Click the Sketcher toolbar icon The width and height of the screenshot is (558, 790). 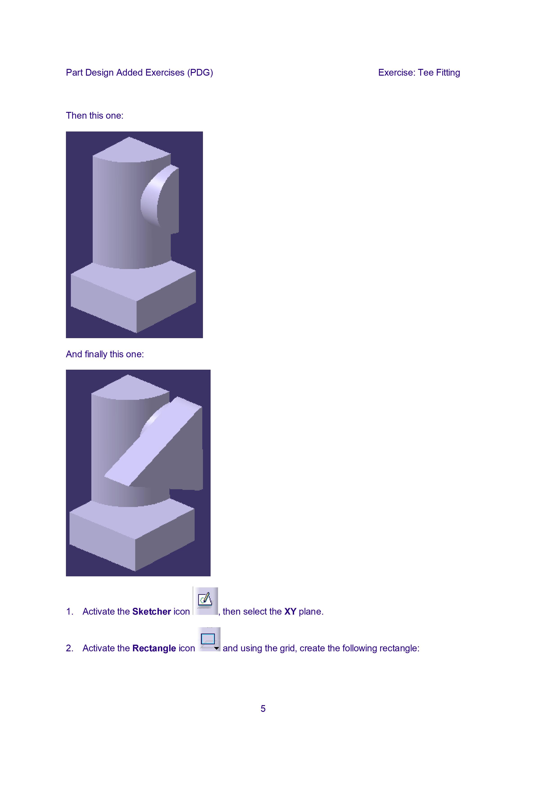(x=206, y=601)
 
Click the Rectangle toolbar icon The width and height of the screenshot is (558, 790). (x=209, y=640)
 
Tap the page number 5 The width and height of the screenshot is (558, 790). (x=263, y=709)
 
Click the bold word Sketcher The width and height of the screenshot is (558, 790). (x=152, y=611)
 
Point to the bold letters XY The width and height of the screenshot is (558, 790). (x=290, y=611)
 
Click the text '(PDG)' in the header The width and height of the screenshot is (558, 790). (x=200, y=72)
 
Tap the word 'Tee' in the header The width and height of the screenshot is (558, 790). (x=426, y=72)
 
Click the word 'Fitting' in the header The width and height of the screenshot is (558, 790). (x=448, y=72)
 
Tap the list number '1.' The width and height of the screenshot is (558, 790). (x=70, y=611)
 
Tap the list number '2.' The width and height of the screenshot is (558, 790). (x=70, y=648)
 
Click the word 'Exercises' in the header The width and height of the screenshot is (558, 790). (x=165, y=72)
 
